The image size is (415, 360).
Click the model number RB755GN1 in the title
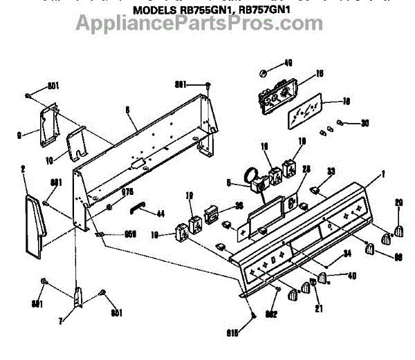tap(206, 10)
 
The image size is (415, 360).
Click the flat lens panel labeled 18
tap(306, 110)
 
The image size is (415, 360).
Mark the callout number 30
tap(365, 124)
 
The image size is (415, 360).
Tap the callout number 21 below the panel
tap(319, 309)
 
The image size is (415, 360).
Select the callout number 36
tap(239, 205)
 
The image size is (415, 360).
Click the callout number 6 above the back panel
tap(128, 108)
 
